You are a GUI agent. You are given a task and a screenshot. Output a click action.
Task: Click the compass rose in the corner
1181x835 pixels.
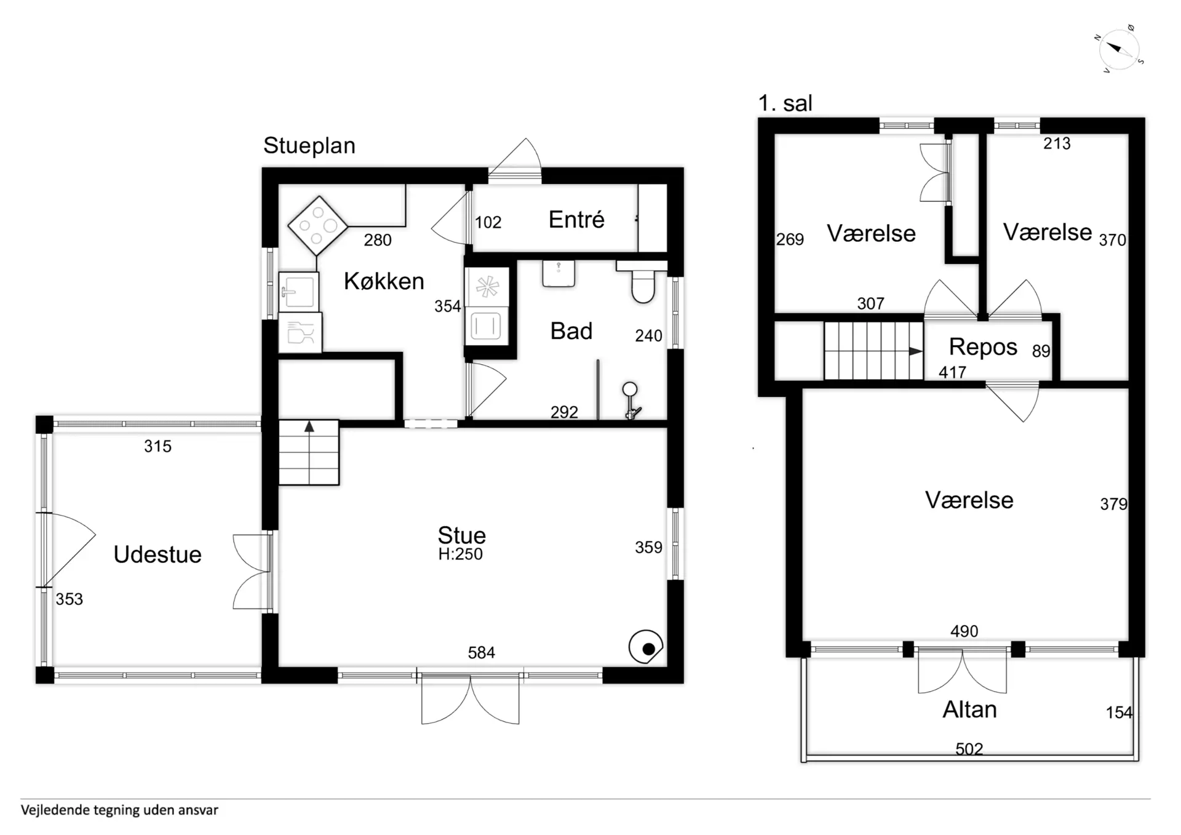pos(1119,49)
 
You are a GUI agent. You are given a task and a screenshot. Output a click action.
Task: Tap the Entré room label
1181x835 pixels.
pos(576,220)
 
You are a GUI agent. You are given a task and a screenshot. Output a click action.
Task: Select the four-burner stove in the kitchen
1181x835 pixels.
pos(317,226)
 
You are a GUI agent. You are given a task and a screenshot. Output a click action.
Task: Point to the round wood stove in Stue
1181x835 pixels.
pos(646,647)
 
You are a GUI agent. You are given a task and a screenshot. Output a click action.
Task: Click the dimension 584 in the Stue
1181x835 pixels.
pos(481,652)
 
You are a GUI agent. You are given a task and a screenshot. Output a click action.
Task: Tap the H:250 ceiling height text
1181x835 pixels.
pos(460,554)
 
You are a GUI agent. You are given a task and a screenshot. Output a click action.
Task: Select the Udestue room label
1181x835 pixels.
pos(157,554)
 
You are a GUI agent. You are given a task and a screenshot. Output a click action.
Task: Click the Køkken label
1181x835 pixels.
pos(384,281)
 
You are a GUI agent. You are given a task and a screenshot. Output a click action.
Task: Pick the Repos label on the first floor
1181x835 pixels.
pos(983,347)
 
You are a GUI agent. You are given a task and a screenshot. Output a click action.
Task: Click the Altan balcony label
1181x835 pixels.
pos(969,709)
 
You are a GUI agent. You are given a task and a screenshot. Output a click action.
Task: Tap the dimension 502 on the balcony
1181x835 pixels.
pos(969,749)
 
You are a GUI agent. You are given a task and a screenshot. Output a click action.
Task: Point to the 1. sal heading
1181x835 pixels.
pos(785,103)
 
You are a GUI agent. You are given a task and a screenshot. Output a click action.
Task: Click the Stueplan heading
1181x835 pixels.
pos(309,146)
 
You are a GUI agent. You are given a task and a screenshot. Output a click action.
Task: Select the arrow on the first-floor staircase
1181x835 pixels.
pos(916,351)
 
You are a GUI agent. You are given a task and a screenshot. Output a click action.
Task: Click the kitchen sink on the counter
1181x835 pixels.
pos(299,292)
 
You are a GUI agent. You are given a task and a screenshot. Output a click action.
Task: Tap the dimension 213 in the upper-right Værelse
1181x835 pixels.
pos(1057,143)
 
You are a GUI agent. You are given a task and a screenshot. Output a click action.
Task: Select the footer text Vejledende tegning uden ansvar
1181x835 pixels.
pos(119,810)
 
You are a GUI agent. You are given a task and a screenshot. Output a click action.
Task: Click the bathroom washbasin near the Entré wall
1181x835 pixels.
pos(559,274)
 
